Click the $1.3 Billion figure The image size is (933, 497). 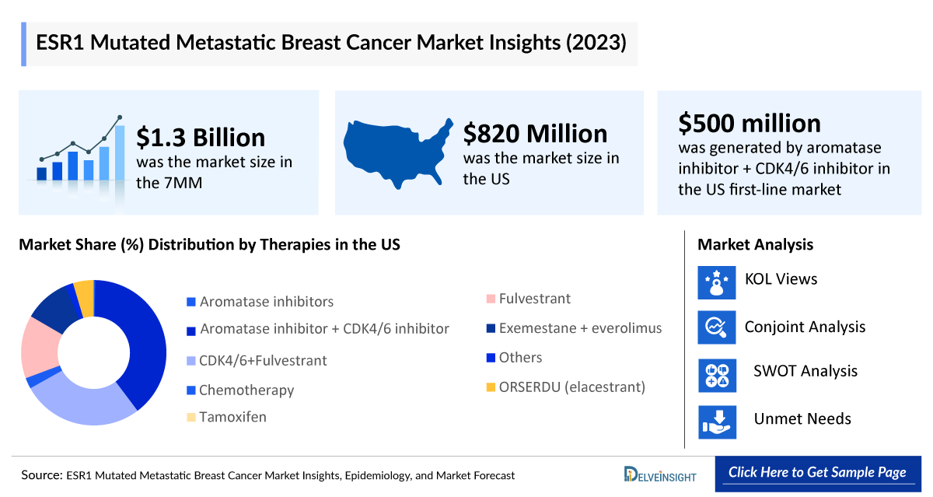coord(201,138)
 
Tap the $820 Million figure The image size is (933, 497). coord(535,134)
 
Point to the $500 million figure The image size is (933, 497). coord(749,123)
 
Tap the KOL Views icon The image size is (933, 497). coord(716,282)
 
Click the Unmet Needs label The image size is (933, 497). coord(802,419)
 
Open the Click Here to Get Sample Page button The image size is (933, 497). coord(817,473)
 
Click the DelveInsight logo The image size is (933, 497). coord(660,474)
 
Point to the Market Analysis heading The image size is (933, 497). coord(755,245)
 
